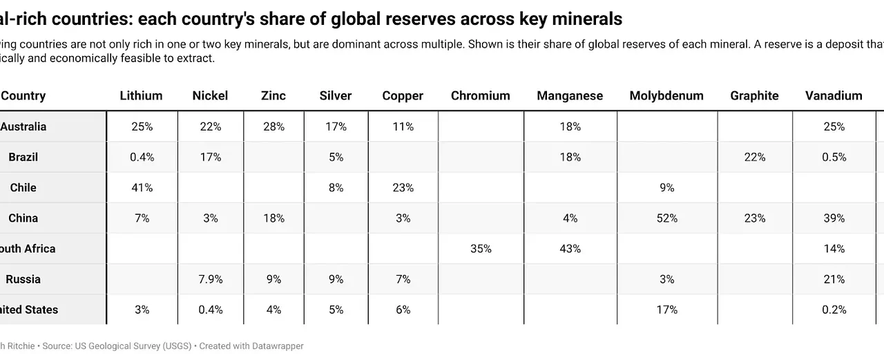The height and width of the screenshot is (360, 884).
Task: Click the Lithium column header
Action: [141, 96]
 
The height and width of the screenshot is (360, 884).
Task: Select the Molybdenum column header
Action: [666, 96]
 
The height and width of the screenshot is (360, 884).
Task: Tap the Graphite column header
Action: [754, 96]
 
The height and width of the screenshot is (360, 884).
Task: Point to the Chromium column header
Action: [480, 96]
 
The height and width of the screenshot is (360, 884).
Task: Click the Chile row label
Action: [23, 188]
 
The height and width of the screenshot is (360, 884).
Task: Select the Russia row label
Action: [23, 280]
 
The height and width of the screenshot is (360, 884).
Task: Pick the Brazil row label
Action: [23, 158]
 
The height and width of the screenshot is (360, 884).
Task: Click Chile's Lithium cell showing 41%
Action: [142, 188]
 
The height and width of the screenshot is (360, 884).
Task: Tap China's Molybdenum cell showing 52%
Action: [666, 218]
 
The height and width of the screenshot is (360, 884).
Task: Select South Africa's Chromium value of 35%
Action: [481, 249]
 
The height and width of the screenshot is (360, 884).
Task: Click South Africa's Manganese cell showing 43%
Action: [570, 249]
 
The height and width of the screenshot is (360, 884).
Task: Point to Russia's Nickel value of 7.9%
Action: [211, 280]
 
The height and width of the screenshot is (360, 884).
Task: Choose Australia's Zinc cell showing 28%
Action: [273, 127]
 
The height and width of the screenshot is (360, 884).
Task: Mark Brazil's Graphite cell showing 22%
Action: [754, 158]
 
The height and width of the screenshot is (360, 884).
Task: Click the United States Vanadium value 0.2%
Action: [834, 310]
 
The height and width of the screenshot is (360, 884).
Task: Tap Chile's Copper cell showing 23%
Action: [403, 188]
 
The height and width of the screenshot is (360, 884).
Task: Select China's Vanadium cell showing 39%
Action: [834, 218]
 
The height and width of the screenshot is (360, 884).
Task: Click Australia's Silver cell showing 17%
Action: [336, 127]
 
